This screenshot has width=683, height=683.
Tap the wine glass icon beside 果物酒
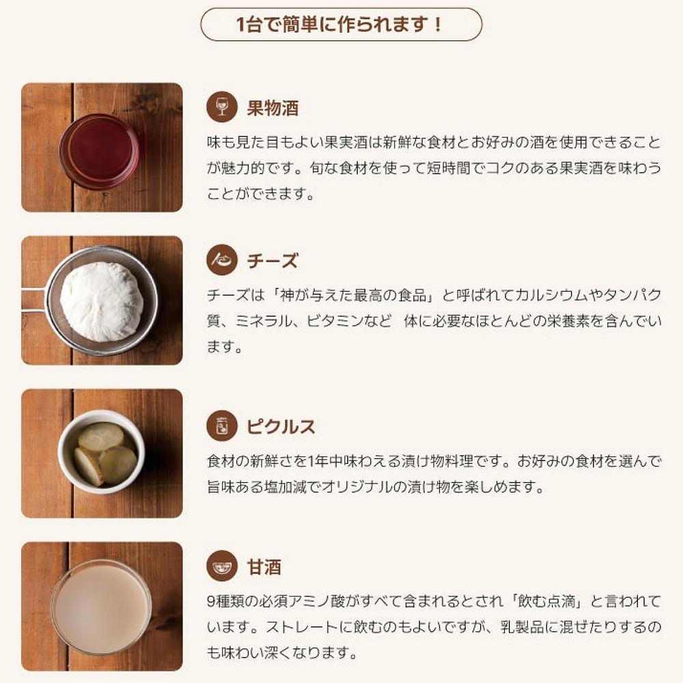click(x=222, y=107)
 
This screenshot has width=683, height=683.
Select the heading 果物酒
click(x=273, y=108)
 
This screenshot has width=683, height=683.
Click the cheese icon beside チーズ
click(x=222, y=260)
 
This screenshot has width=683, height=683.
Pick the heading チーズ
click(x=273, y=261)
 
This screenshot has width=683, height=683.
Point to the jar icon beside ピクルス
click(x=222, y=426)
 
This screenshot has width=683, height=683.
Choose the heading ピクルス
click(x=281, y=426)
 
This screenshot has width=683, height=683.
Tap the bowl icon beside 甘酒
click(x=222, y=566)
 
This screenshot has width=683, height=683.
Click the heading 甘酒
click(x=264, y=567)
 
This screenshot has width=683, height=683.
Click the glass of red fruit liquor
click(x=99, y=151)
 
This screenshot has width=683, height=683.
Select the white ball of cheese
click(x=102, y=301)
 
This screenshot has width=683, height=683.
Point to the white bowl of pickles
click(x=102, y=451)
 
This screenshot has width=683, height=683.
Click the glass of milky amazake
click(x=102, y=607)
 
